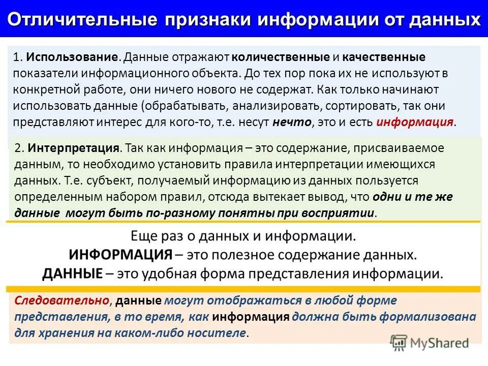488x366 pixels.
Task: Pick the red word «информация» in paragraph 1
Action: click(414, 123)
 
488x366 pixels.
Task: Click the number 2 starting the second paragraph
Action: click(18, 148)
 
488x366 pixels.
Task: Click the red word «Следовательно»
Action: click(62, 300)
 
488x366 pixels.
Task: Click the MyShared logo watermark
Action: click(430, 343)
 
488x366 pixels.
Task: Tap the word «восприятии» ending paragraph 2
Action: click(345, 213)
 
